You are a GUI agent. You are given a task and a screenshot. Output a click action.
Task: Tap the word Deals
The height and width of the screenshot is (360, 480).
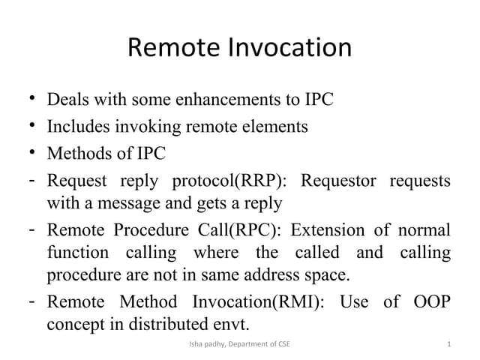pos(69,99)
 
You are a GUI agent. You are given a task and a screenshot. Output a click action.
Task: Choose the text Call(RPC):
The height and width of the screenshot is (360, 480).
pos(237,230)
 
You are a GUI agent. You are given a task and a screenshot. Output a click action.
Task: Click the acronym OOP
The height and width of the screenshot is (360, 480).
pos(431,302)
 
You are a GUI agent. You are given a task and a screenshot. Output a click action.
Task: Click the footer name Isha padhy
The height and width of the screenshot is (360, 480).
pos(205,344)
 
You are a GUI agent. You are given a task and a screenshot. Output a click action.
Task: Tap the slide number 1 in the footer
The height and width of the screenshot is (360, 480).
pos(448,344)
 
